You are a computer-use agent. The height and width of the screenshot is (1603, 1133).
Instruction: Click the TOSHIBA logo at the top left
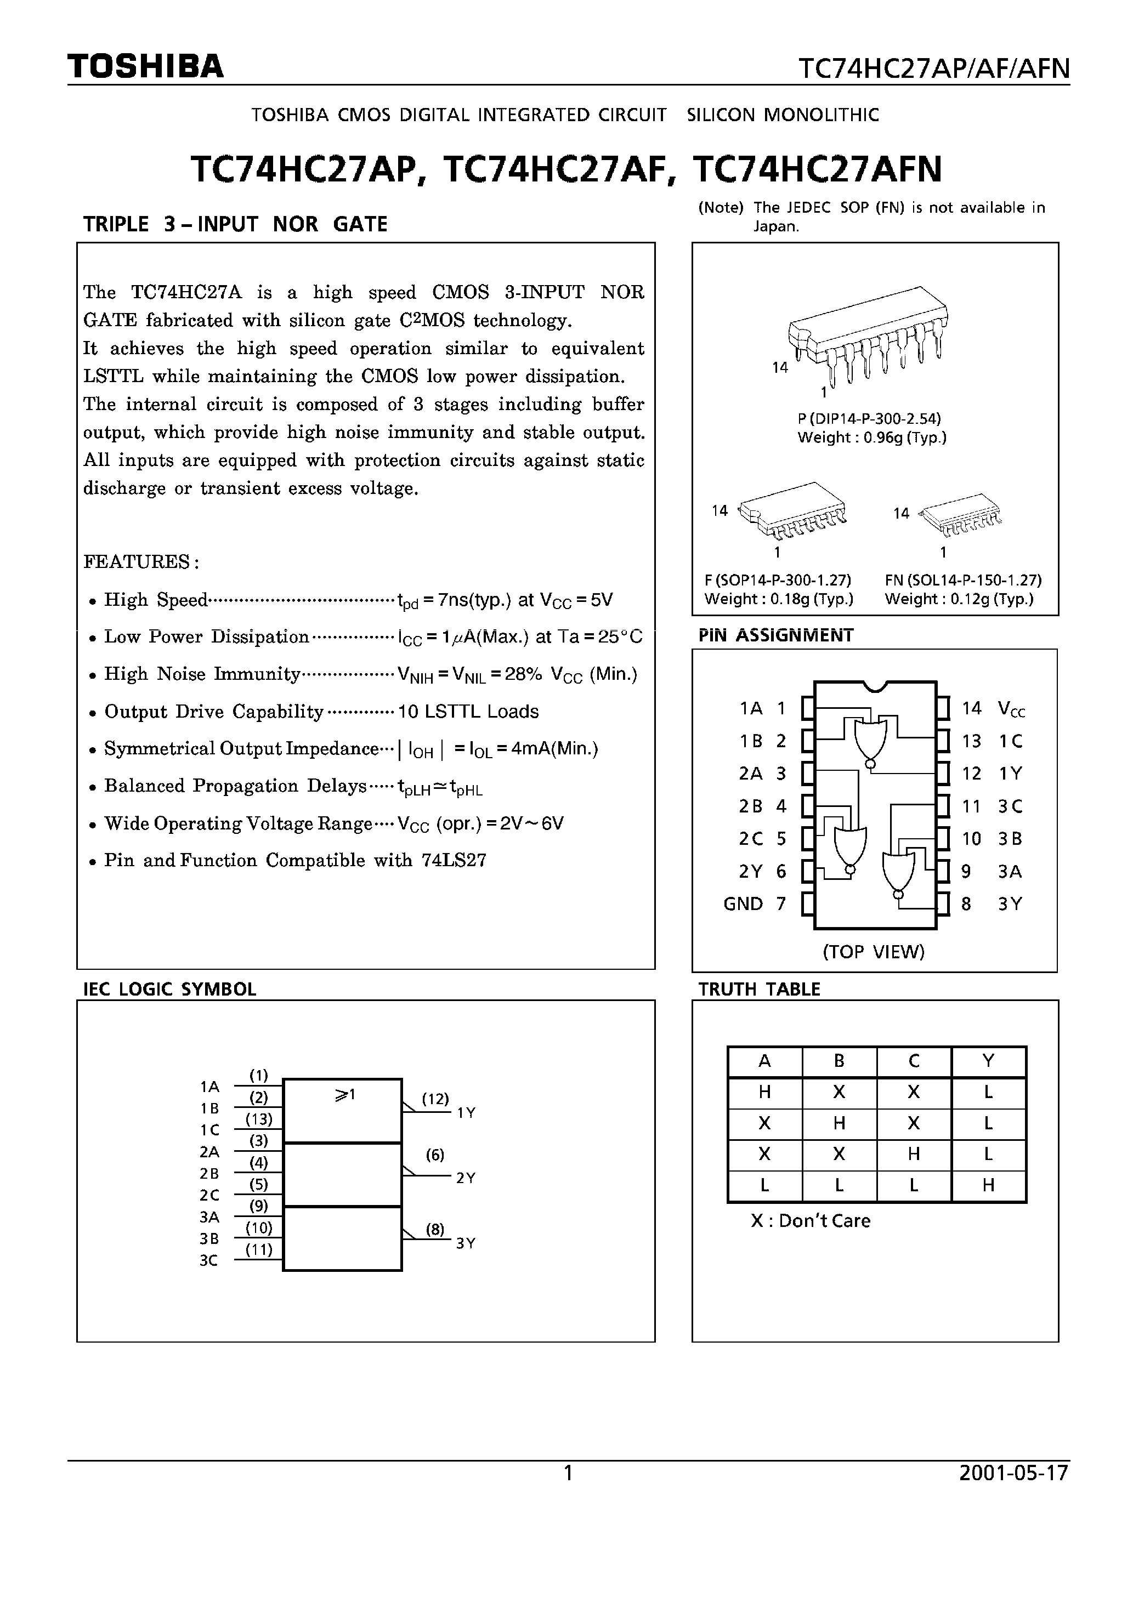[145, 66]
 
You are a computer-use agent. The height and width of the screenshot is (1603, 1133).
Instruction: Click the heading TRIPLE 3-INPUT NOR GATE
[235, 224]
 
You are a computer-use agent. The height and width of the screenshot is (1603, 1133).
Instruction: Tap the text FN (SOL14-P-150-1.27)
[962, 580]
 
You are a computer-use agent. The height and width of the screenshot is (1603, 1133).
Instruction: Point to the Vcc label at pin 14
[1011, 709]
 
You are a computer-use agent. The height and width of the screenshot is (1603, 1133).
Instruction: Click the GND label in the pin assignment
[743, 904]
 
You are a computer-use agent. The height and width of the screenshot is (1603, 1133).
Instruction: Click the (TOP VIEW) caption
[873, 952]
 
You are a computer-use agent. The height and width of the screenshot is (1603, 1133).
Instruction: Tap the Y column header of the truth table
[988, 1061]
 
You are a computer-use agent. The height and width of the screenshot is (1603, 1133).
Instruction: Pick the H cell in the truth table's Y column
[988, 1185]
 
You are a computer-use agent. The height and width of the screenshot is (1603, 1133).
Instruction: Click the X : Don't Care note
[811, 1221]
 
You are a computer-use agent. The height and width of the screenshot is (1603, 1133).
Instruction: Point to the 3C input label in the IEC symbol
[209, 1261]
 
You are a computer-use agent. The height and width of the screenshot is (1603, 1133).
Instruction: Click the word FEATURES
[142, 561]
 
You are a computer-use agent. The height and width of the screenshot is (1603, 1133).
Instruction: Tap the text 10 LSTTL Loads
[468, 712]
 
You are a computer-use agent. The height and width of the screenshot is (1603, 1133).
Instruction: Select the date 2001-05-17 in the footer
[1013, 1473]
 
